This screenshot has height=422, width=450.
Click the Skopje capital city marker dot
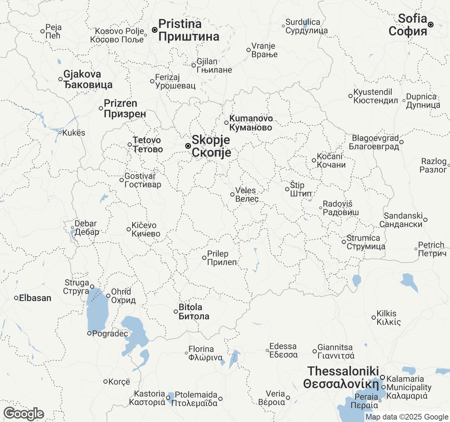tap(188, 146)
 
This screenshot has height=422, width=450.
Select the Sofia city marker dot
tap(431, 25)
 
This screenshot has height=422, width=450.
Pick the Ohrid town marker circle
tap(108, 296)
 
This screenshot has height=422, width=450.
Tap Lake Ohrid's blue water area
tap(97, 309)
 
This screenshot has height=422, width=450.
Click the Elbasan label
tap(35, 298)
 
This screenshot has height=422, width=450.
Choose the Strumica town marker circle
tap(344, 242)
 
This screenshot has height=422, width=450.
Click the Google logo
tap(24, 414)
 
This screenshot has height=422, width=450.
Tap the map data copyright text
tap(407, 417)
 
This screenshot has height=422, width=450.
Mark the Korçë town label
tap(119, 382)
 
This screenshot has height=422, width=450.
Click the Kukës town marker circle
tap(60, 133)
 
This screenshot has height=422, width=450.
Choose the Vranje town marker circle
tap(249, 50)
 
